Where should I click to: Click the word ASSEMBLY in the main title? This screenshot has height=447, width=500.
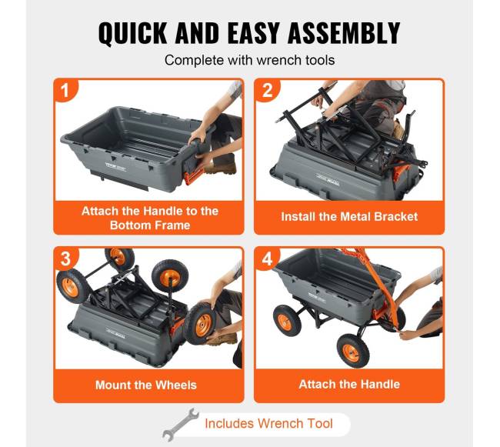[344, 32]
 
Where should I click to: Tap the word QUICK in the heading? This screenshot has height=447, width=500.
[132, 33]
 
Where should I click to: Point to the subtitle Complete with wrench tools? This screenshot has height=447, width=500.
[250, 60]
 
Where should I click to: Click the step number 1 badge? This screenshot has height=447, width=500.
[65, 90]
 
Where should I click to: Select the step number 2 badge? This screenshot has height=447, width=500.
[267, 90]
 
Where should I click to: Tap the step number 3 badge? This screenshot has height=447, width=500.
[65, 259]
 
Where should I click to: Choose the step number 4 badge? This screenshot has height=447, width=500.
[267, 259]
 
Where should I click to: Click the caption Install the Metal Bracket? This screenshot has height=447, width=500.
[349, 217]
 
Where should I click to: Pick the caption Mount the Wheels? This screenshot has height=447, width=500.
[146, 385]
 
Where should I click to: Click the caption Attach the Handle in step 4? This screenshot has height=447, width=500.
[349, 384]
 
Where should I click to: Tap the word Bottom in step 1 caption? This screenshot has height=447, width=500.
[128, 225]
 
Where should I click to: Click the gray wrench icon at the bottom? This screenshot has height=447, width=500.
[180, 425]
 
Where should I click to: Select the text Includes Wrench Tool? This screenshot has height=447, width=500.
[268, 423]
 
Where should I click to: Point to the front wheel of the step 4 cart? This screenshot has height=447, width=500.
[353, 351]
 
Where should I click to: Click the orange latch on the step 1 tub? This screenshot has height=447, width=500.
[193, 175]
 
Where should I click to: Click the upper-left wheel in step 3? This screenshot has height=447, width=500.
[120, 257]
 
